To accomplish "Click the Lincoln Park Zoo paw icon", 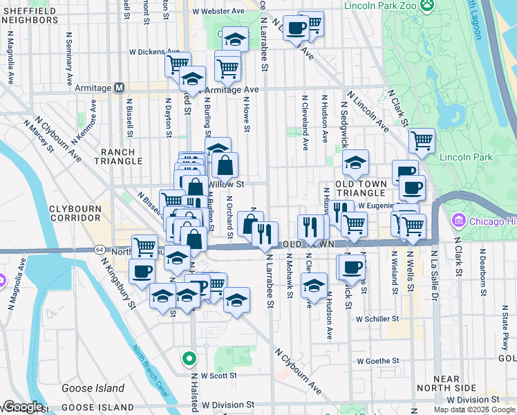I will coord(428,5).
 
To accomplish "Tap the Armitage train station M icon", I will coord(119,88).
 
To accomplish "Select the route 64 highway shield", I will coord(100,249).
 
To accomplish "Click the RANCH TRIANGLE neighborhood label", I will coord(122,156).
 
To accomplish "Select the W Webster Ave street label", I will coord(218,12).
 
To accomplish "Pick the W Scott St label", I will coord(214,376).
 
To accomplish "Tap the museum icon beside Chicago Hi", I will coord(457,222).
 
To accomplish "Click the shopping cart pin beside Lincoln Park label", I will coord(422,141).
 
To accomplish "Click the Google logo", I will coord(22,407).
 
